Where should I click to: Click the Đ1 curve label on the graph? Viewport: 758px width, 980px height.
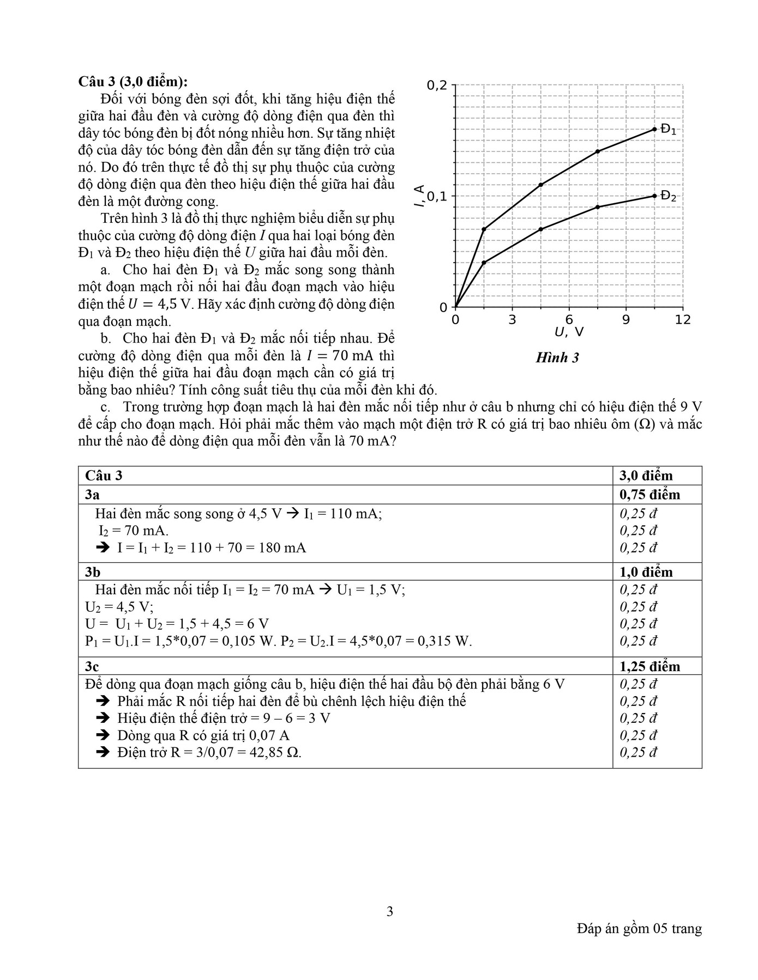668,130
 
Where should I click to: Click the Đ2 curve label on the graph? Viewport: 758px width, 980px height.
668,196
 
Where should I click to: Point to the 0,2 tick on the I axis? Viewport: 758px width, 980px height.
436,85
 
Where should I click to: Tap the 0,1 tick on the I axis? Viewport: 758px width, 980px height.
436,196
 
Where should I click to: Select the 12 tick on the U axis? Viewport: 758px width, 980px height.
682,320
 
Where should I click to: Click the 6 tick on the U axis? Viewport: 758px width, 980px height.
569,320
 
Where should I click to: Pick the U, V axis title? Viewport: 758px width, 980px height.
569,332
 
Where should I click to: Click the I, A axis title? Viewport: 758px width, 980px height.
419,196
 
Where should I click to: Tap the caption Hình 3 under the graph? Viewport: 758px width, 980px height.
557,358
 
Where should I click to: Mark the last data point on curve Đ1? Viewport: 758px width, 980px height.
654,129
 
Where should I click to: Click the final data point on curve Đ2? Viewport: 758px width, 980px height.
654,196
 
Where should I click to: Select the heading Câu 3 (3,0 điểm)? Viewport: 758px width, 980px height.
133,81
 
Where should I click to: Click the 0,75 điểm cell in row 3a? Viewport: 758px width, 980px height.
649,495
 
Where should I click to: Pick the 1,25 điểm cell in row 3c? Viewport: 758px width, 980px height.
649,666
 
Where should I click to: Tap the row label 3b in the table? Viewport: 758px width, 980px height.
93,572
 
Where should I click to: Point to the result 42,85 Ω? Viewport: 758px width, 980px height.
278,752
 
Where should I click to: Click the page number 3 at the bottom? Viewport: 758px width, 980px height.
389,911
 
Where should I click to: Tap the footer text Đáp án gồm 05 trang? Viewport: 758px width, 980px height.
639,928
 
